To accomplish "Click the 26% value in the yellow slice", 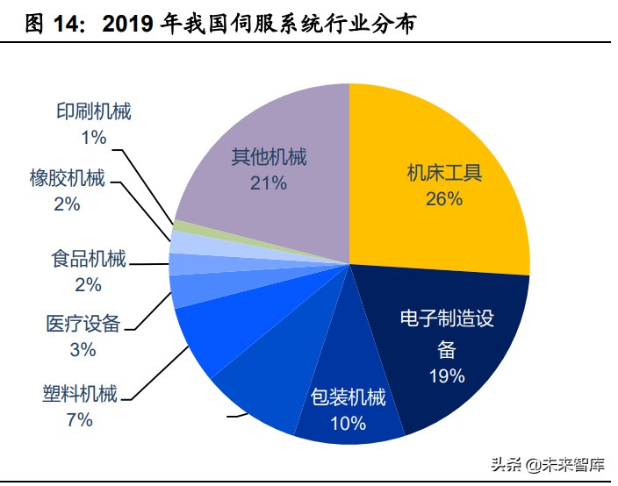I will (443, 199).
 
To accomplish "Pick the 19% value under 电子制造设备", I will (446, 376).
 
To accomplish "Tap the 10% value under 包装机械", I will (349, 424).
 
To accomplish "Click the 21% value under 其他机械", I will (269, 183).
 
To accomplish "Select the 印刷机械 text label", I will (93, 112).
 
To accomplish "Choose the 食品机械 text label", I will (89, 260).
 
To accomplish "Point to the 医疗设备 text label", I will (83, 324).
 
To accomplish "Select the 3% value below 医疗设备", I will (83, 349).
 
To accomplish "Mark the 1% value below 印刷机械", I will (93, 137).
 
